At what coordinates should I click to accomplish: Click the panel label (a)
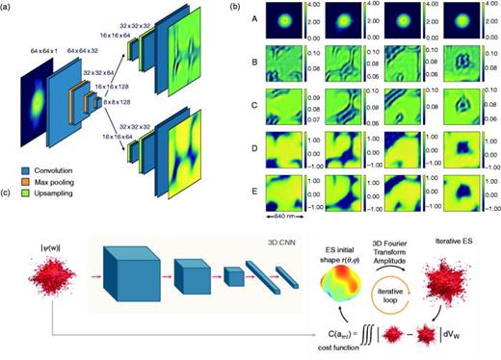click(7, 7)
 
